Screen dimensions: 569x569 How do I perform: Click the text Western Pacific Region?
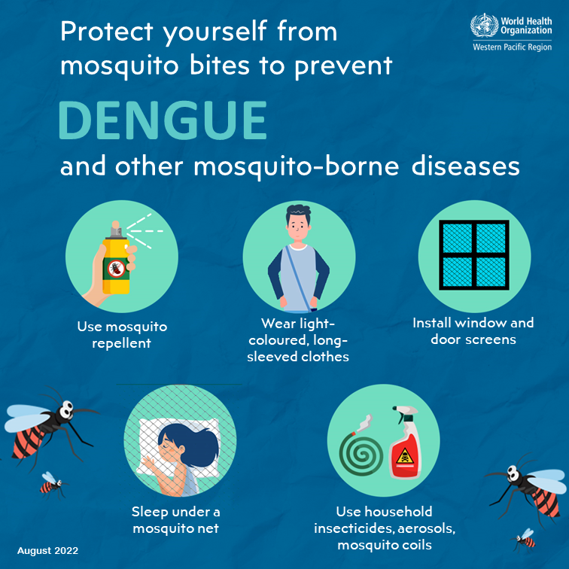pos(512,47)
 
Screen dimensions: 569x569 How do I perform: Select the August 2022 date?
pos(47,550)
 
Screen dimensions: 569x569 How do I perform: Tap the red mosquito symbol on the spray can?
pos(117,269)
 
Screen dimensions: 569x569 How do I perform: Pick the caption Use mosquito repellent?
pos(121,336)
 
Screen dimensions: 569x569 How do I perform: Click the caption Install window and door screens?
pos(473,331)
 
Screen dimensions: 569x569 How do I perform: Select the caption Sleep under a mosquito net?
pos(175,519)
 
